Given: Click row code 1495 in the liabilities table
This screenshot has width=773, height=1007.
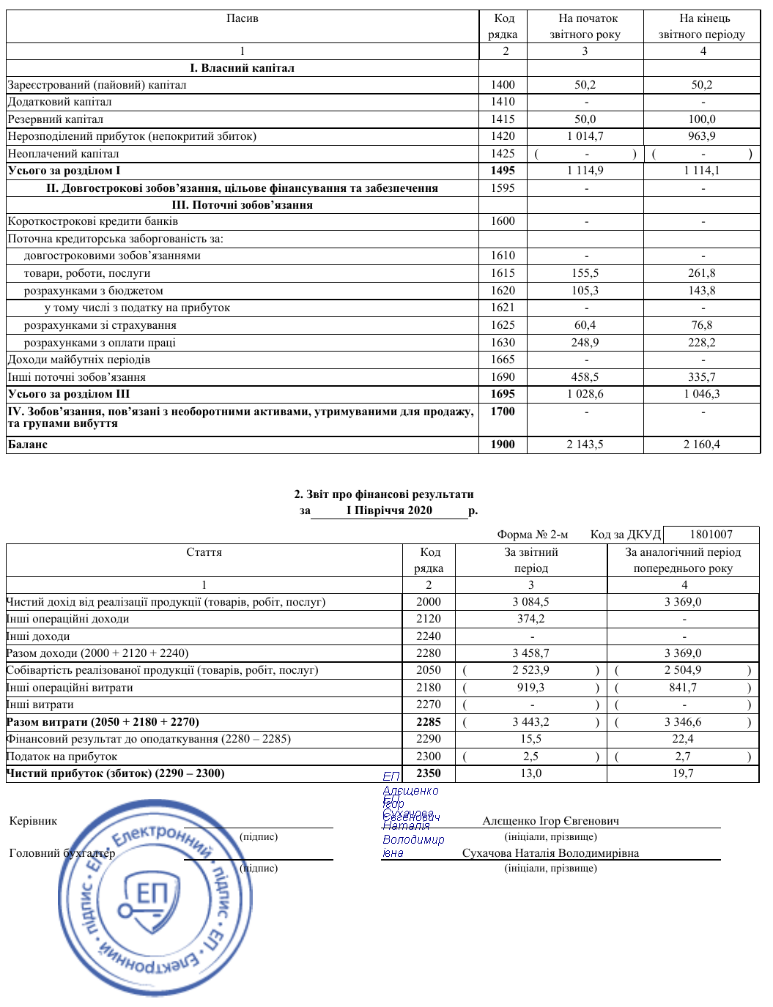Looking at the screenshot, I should point(503,171).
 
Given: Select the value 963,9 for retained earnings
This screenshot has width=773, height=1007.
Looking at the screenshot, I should point(702,136).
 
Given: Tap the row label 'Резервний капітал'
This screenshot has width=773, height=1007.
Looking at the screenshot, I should point(56,119).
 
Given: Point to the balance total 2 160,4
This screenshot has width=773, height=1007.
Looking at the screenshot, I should point(702,445).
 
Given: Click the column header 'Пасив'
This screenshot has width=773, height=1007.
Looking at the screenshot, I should point(242,18).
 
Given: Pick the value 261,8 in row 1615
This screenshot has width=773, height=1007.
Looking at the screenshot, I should point(702,273).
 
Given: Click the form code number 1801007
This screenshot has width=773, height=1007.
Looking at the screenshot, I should point(711,535).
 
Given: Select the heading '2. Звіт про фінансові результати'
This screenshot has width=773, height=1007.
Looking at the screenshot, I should point(384,494).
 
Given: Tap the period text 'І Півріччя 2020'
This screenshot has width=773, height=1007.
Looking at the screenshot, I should point(389,510).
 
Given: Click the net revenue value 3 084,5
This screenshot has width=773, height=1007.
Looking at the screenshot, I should point(530,602).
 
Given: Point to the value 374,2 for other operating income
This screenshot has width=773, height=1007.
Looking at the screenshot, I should point(530,619).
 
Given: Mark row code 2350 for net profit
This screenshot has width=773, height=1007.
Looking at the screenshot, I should point(429,773).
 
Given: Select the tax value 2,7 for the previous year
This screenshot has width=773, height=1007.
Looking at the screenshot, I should point(683,757).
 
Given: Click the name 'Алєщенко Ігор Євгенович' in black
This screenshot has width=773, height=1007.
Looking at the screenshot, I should point(550,821).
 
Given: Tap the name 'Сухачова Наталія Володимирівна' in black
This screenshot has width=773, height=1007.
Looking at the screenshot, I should point(550,853).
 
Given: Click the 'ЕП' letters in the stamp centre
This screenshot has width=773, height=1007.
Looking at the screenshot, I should point(152,894).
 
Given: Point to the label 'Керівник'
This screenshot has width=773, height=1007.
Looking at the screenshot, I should point(33,821).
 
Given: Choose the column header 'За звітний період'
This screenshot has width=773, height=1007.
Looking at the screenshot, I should point(530,560).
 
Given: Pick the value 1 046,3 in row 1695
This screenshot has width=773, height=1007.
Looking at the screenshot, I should point(702,394).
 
